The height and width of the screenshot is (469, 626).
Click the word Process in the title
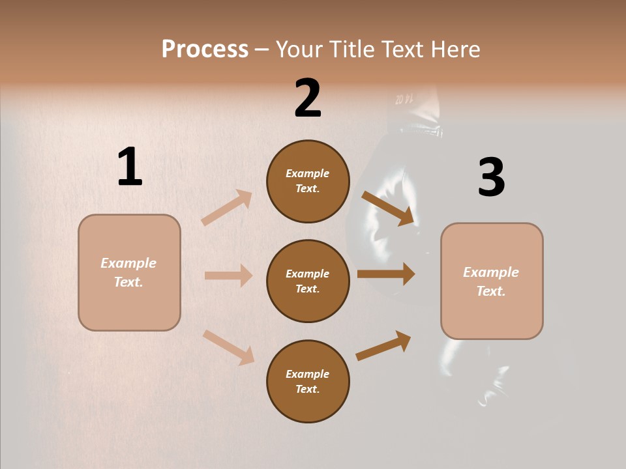(x=205, y=50)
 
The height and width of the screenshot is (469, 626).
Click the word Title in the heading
(x=350, y=50)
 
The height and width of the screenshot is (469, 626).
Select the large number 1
(x=130, y=167)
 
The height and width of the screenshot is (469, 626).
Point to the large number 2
(x=308, y=98)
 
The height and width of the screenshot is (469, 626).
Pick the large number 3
(x=491, y=177)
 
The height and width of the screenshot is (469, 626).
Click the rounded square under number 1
(x=129, y=272)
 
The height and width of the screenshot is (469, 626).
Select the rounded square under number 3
(x=492, y=281)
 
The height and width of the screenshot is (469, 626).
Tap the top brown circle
(x=308, y=181)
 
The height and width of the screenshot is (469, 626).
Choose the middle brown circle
(x=308, y=281)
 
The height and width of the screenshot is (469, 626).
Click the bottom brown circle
(x=308, y=382)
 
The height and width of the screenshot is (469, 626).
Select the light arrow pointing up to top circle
(x=227, y=207)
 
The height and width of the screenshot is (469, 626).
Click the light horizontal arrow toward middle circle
(x=228, y=276)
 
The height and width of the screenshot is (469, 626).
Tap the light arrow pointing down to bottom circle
(x=228, y=347)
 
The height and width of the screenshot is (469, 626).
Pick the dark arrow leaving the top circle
(x=388, y=208)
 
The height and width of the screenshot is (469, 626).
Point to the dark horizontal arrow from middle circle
(x=386, y=274)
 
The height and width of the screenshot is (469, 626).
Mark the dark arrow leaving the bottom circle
(x=383, y=345)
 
